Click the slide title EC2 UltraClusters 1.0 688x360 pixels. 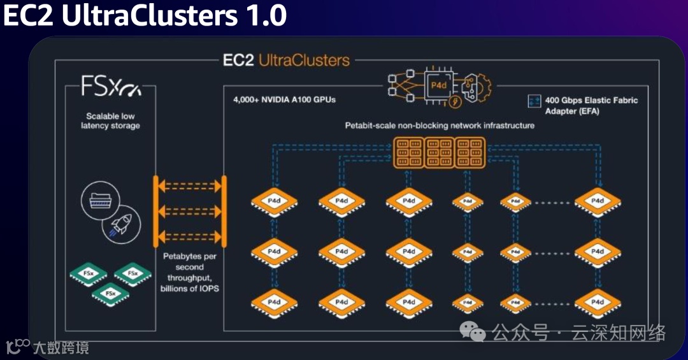[145, 16]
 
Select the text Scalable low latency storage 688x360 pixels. [110, 121]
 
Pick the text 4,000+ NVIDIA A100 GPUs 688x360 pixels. [284, 100]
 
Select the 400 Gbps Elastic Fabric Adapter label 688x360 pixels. [591, 105]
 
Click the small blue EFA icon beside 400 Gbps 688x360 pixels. [534, 101]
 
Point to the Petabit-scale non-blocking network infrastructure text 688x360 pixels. [440, 126]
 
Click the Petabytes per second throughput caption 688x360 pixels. [189, 273]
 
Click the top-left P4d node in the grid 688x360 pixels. [275, 201]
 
